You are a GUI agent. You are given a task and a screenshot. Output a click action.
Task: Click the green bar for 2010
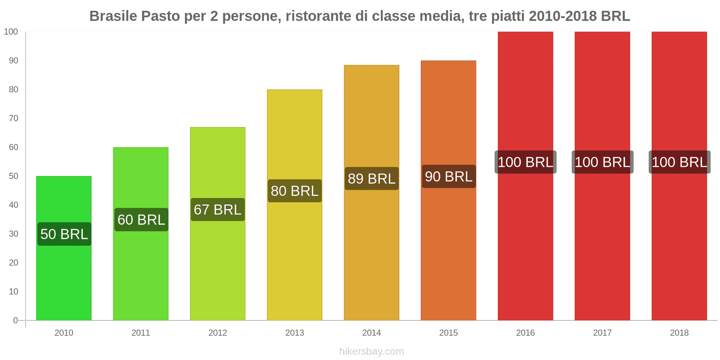[x=64, y=279]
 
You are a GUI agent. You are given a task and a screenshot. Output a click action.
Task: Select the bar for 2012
[x=218, y=270]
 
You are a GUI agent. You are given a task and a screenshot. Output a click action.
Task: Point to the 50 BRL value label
[x=64, y=234]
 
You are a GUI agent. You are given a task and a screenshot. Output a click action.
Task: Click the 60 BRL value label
[x=141, y=220]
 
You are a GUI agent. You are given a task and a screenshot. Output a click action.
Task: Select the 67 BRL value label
[x=218, y=210]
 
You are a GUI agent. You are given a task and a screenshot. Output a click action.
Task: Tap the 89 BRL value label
[x=372, y=179]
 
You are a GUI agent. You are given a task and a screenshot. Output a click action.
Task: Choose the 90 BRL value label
[x=449, y=176]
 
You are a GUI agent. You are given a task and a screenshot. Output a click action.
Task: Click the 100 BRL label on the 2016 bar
[x=526, y=162]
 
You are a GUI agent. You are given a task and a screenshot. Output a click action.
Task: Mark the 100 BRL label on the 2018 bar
[x=679, y=162]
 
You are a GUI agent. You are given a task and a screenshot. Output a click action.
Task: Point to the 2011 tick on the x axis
[x=141, y=333]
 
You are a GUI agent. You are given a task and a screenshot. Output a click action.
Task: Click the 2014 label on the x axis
[x=372, y=333]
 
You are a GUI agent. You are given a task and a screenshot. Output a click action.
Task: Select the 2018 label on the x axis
[x=679, y=333]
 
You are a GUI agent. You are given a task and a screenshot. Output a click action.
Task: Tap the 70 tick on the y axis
[x=13, y=118]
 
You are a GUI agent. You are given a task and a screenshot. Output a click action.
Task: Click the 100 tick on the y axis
[x=11, y=31]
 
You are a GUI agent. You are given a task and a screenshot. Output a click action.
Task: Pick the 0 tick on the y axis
[x=16, y=320]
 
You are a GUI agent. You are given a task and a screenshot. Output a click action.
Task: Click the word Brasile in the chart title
[x=113, y=16]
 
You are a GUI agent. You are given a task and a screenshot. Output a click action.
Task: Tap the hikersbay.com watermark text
[x=372, y=351]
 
